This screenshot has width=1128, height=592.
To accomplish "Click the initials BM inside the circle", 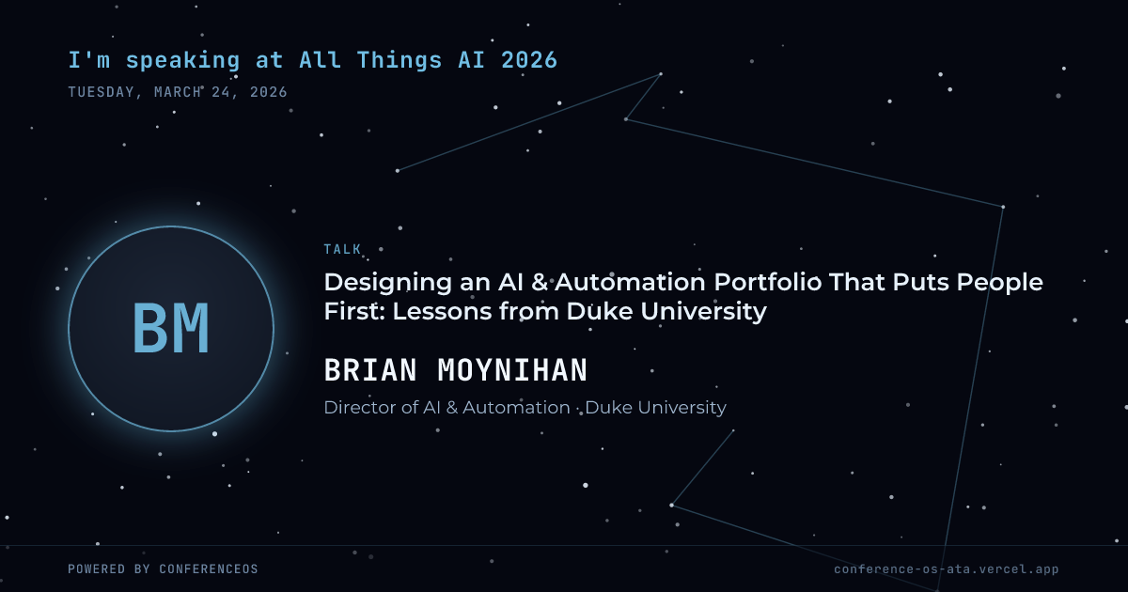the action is pos(171,328).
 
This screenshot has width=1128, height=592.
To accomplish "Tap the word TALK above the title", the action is pos(342,249).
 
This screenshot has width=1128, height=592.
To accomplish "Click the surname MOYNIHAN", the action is pos(512,370).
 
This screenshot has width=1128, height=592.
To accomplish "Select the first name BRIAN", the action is pos(370,370).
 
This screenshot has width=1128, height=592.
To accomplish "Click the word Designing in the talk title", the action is pos(387,283).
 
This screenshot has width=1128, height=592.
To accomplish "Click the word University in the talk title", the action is pos(703,312).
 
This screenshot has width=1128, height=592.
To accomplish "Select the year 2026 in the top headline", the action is pos(529,60).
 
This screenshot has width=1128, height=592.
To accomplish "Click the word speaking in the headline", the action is pos(182,61).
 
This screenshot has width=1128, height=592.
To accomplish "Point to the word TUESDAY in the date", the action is pos(102,92).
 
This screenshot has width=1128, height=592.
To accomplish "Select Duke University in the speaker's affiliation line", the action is pos(656,408).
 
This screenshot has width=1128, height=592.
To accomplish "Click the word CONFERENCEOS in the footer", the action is pos(209,569).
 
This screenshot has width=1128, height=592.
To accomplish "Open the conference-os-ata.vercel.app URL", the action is pos(947,569).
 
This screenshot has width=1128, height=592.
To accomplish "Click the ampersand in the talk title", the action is pos(540,283).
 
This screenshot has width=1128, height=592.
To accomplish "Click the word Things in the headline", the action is pos(399,61).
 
